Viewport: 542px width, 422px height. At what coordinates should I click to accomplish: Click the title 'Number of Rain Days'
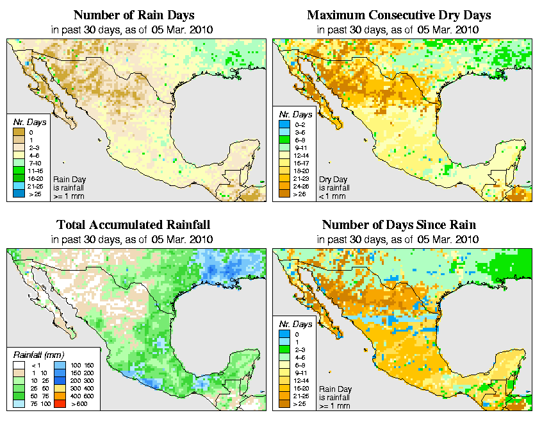[x=133, y=15]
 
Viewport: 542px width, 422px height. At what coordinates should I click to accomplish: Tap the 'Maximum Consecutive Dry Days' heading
[x=398, y=15]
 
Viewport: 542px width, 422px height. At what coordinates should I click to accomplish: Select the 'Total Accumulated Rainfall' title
[x=133, y=224]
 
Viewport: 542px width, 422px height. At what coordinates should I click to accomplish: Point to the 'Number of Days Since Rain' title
[x=398, y=224]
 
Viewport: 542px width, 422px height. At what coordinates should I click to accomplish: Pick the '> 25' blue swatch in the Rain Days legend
[x=19, y=193]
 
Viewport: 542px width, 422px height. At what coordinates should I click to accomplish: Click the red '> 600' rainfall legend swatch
[x=58, y=405]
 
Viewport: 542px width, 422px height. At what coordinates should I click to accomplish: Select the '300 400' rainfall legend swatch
[x=58, y=389]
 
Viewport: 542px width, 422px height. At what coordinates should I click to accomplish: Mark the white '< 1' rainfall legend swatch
[x=19, y=365]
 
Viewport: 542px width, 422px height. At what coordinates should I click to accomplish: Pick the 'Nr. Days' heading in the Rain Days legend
[x=27, y=122]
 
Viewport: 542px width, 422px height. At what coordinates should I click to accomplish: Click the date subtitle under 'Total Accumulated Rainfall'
[x=133, y=239]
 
